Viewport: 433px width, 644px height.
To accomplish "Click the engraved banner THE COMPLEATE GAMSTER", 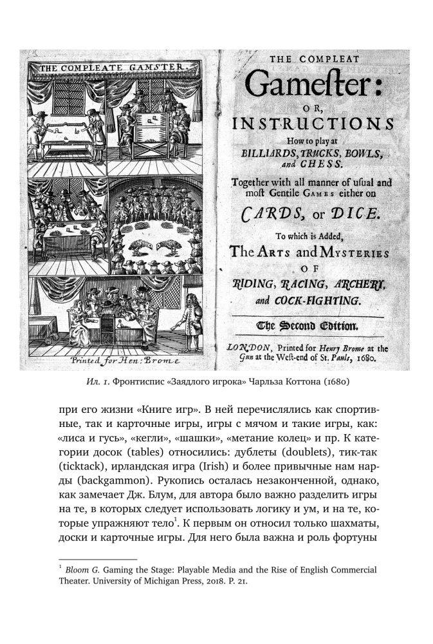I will click(x=111, y=66).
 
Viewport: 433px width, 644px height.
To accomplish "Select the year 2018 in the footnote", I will click(x=196, y=582).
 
